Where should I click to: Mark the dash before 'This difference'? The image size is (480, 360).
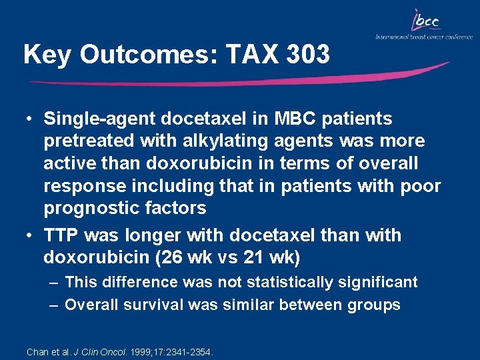tap(53, 283)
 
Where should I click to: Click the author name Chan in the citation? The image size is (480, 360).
tap(37, 351)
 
